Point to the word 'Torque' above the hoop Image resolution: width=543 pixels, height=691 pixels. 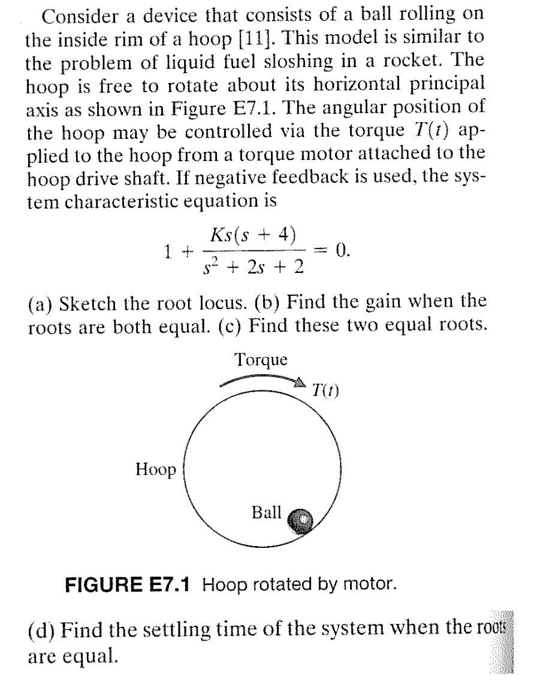pyautogui.click(x=261, y=360)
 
